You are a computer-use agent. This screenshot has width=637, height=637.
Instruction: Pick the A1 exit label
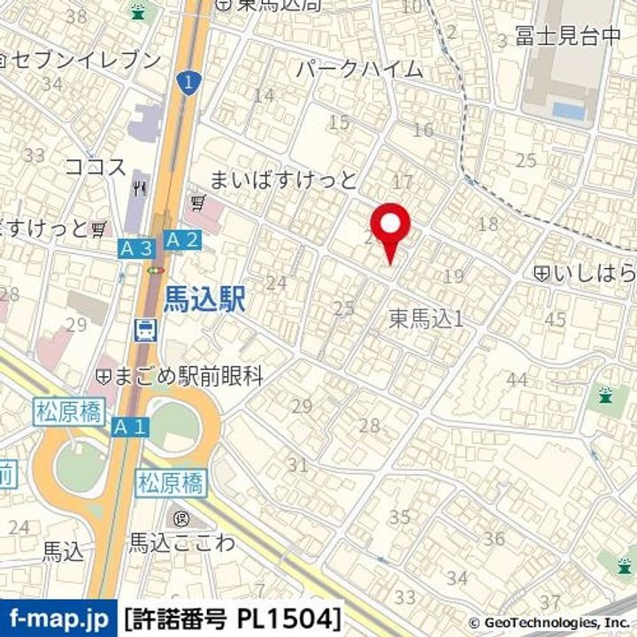130,426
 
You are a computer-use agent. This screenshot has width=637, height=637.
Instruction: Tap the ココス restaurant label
96,167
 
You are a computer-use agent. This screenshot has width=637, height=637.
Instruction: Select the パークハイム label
359,69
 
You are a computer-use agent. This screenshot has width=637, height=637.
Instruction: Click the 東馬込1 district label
426,319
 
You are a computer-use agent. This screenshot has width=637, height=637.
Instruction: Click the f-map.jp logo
58,617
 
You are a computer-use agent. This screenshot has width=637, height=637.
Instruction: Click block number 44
517,380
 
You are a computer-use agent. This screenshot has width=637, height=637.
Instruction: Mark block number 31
297,464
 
